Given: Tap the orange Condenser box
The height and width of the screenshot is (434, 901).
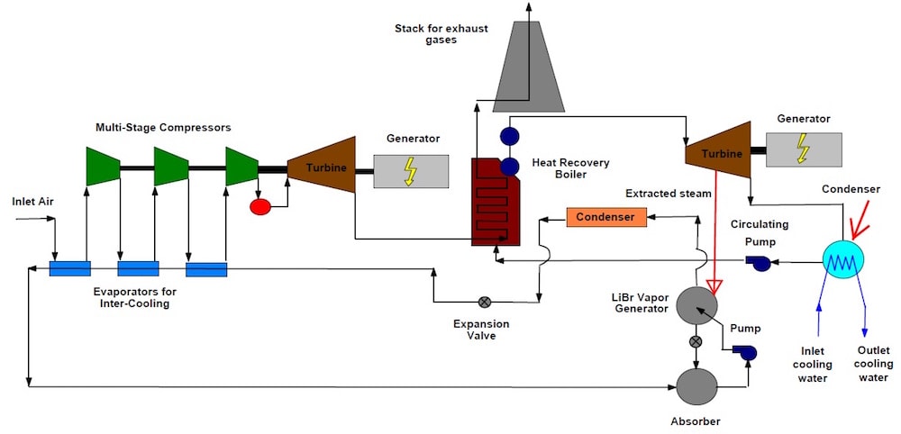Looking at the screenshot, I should (x=605, y=217).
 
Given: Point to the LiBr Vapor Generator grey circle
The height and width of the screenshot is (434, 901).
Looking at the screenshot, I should (x=696, y=304).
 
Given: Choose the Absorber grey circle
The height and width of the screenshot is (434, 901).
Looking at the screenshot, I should (x=696, y=386).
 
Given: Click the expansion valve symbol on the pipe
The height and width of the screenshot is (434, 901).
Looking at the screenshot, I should (x=485, y=302).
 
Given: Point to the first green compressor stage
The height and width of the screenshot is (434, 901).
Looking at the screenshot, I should (x=103, y=166).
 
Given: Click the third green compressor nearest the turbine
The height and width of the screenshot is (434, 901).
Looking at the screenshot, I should (x=241, y=166).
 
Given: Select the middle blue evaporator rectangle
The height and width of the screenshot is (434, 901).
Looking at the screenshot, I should (x=138, y=268).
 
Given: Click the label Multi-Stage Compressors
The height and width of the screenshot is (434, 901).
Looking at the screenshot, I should (x=163, y=128).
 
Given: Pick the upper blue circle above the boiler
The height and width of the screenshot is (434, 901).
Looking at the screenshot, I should (x=510, y=136).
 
